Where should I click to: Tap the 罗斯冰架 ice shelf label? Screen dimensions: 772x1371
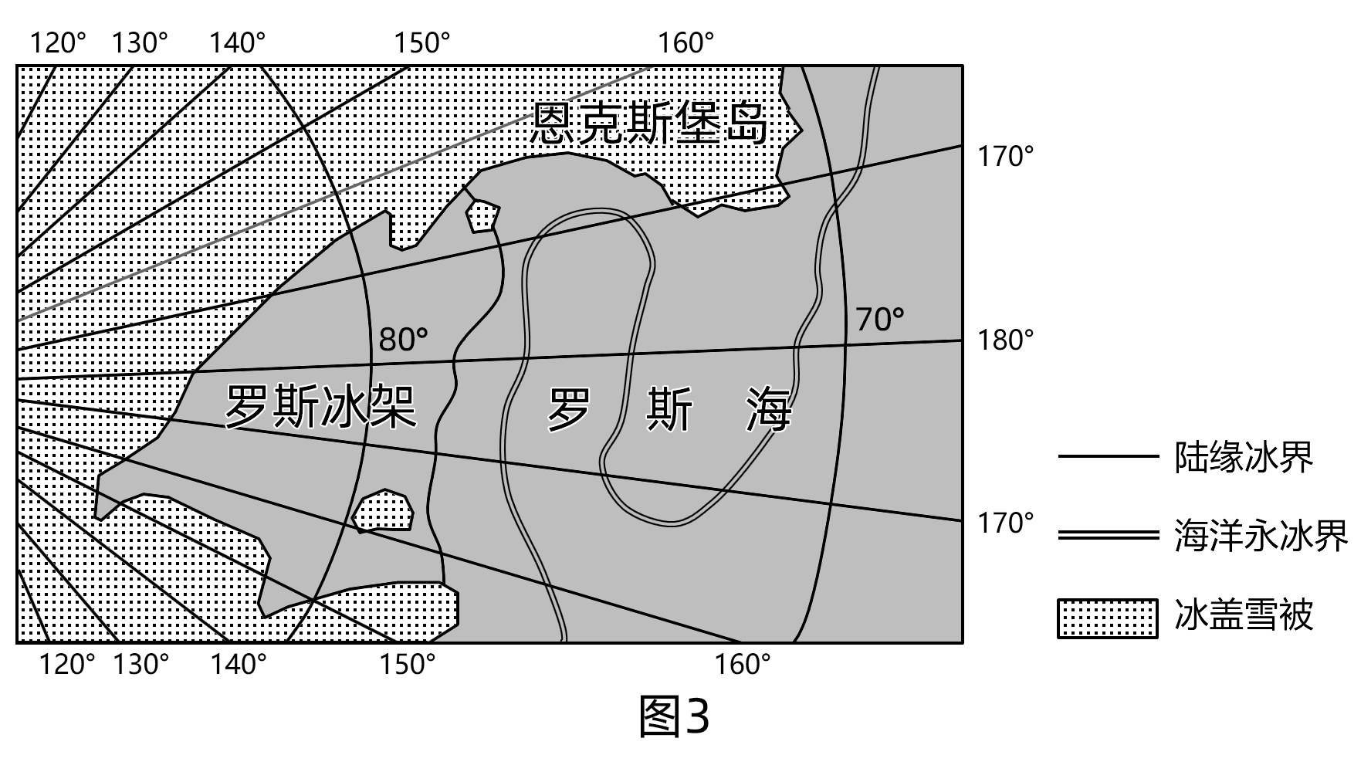tap(320, 407)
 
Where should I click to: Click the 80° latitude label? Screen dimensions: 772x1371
tap(403, 339)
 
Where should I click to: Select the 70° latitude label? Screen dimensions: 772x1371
tap(879, 318)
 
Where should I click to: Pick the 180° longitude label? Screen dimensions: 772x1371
tap(1005, 340)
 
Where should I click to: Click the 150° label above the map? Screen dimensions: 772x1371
tap(422, 43)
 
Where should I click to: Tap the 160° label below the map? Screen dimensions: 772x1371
tap(743, 664)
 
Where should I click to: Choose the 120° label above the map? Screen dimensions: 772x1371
tap(58, 43)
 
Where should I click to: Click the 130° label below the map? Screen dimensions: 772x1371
tap(140, 664)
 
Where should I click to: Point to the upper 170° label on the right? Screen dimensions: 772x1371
tap(1005, 157)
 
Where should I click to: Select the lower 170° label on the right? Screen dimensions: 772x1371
tap(1005, 523)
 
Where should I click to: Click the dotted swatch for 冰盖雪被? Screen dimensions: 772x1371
tap(1107, 618)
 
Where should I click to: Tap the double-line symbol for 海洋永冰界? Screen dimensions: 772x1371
tap(1107, 535)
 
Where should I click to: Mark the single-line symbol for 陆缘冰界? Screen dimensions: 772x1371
tap(1107, 456)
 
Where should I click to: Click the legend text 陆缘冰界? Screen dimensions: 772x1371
tap(1243, 457)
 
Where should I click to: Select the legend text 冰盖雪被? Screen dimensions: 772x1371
tap(1243, 617)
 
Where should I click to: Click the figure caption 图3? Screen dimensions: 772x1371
tap(674, 716)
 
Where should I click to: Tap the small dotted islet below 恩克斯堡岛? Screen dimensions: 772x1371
tap(482, 216)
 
